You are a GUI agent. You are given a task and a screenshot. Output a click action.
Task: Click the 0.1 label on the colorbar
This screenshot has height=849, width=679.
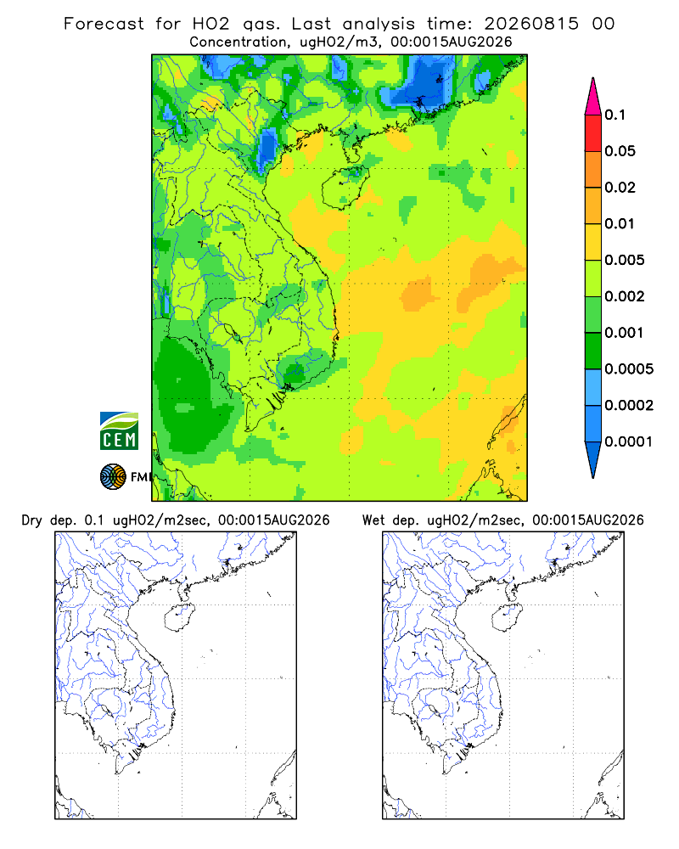pyautogui.click(x=614, y=115)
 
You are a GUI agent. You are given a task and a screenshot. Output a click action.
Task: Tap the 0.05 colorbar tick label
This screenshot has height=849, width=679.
pyautogui.click(x=620, y=151)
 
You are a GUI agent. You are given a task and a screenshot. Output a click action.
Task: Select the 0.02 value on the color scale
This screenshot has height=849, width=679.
pyautogui.click(x=620, y=188)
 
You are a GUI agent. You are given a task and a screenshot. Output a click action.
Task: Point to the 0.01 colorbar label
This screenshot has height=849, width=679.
pyautogui.click(x=620, y=223)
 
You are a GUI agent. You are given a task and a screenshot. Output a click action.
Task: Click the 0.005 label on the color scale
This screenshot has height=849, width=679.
pyautogui.click(x=625, y=260)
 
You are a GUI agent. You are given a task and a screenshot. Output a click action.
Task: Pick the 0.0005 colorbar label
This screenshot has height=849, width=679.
pyautogui.click(x=629, y=369)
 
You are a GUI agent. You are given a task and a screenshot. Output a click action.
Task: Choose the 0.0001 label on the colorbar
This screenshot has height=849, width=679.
pyautogui.click(x=629, y=441)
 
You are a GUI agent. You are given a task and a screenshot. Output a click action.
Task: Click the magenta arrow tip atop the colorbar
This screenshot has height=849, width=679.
pyautogui.click(x=593, y=96)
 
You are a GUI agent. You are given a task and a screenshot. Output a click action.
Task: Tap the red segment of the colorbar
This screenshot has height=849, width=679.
pyautogui.click(x=593, y=133)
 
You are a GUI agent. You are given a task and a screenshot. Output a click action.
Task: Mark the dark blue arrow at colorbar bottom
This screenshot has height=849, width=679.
pyautogui.click(x=593, y=459)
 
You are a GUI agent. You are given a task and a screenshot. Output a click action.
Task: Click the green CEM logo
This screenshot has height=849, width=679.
pyautogui.click(x=119, y=431)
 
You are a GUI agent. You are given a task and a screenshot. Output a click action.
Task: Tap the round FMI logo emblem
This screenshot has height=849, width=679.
pyautogui.click(x=113, y=477)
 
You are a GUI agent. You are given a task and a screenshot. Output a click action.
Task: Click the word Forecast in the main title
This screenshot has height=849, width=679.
pyautogui.click(x=104, y=24)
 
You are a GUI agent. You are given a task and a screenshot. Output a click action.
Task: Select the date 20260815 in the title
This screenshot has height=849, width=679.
pyautogui.click(x=531, y=24)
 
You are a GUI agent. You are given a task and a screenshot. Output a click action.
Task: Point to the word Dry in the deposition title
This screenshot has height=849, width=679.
pyautogui.click(x=31, y=520)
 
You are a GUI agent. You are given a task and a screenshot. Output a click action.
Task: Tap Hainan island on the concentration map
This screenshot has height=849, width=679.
pyautogui.click(x=345, y=188)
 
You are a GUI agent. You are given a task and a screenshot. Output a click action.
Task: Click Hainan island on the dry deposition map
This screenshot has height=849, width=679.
pyautogui.click(x=179, y=617)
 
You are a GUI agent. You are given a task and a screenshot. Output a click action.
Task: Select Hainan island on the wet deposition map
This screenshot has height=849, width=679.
pyautogui.click(x=508, y=617)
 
